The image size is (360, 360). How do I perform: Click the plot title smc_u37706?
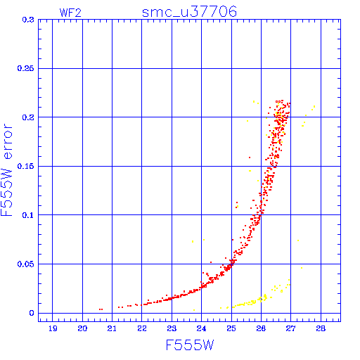189,12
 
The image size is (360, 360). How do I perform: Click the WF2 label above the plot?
70,13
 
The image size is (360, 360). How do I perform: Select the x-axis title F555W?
190,345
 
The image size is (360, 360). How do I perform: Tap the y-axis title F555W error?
7,170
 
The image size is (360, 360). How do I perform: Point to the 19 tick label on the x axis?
53,328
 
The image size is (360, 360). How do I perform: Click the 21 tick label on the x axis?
112,328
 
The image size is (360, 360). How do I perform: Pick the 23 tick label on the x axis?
172,328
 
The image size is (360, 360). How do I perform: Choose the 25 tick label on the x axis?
231,328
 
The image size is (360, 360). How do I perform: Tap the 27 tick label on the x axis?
290,328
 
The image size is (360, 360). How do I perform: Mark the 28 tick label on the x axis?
321,328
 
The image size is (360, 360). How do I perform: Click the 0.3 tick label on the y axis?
28,20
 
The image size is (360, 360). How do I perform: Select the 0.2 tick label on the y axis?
28,117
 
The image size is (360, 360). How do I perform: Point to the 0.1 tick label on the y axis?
28,215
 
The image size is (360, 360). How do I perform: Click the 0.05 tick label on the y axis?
25,264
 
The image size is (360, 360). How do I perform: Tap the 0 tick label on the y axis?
32,313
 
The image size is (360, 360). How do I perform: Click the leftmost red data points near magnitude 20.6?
101,309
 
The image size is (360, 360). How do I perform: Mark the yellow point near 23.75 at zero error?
194,310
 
